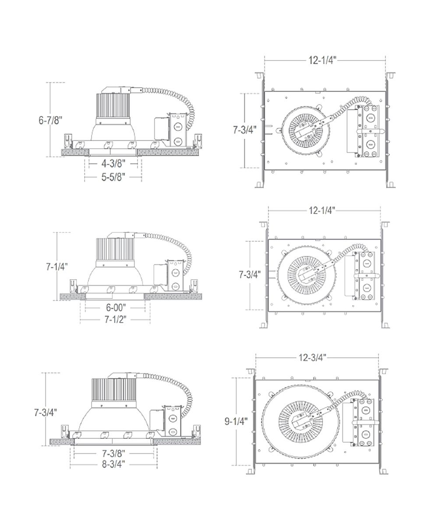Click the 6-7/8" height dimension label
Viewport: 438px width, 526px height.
click(x=50, y=120)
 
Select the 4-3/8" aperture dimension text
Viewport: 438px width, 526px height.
click(x=113, y=164)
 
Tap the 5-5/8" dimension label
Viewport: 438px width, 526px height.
click(x=113, y=177)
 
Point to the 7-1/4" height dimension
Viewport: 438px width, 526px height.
click(x=57, y=267)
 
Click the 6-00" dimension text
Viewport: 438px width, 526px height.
click(x=116, y=308)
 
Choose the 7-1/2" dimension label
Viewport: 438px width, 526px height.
click(x=116, y=320)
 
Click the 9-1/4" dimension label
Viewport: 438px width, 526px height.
click(x=236, y=421)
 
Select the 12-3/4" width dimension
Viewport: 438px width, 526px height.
click(x=312, y=358)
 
